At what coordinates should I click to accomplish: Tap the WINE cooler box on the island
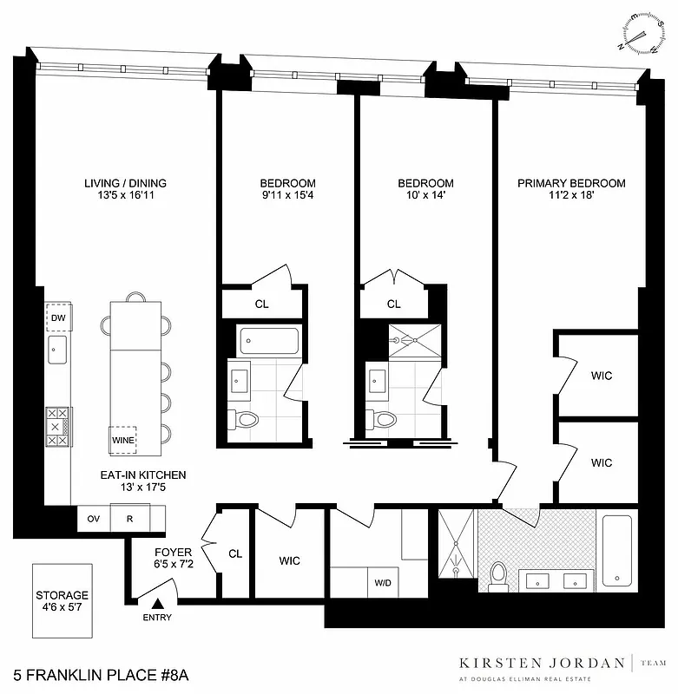tap(121, 439)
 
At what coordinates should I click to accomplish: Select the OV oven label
tap(93, 520)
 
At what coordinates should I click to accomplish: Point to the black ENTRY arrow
tap(158, 605)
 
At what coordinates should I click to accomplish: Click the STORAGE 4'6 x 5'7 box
tap(63, 601)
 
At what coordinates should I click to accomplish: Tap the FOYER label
tap(167, 552)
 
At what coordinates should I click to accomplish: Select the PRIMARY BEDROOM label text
tap(571, 183)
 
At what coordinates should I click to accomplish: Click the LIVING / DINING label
tap(125, 183)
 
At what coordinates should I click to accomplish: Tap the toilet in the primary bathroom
tap(498, 575)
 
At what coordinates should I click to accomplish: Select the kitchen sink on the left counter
tap(58, 352)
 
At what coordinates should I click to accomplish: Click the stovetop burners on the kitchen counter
tap(57, 427)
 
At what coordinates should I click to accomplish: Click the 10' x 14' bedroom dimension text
tap(425, 197)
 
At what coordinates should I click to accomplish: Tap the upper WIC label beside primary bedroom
tap(602, 376)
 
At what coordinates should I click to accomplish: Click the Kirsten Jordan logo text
tap(542, 664)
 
